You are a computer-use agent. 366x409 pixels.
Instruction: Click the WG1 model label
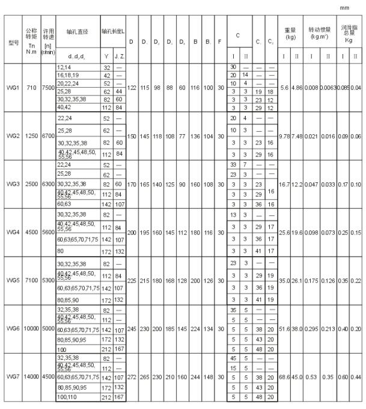[x=13, y=87]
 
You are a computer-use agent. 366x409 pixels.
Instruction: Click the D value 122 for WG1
[x=132, y=87]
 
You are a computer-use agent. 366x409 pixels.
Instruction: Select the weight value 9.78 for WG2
[x=285, y=136]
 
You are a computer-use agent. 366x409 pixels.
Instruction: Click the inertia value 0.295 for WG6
[x=311, y=328]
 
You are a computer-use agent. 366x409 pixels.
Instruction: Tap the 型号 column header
[x=13, y=43]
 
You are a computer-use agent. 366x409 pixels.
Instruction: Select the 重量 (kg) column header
[x=290, y=33]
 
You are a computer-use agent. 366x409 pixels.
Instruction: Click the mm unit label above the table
[x=345, y=8]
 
